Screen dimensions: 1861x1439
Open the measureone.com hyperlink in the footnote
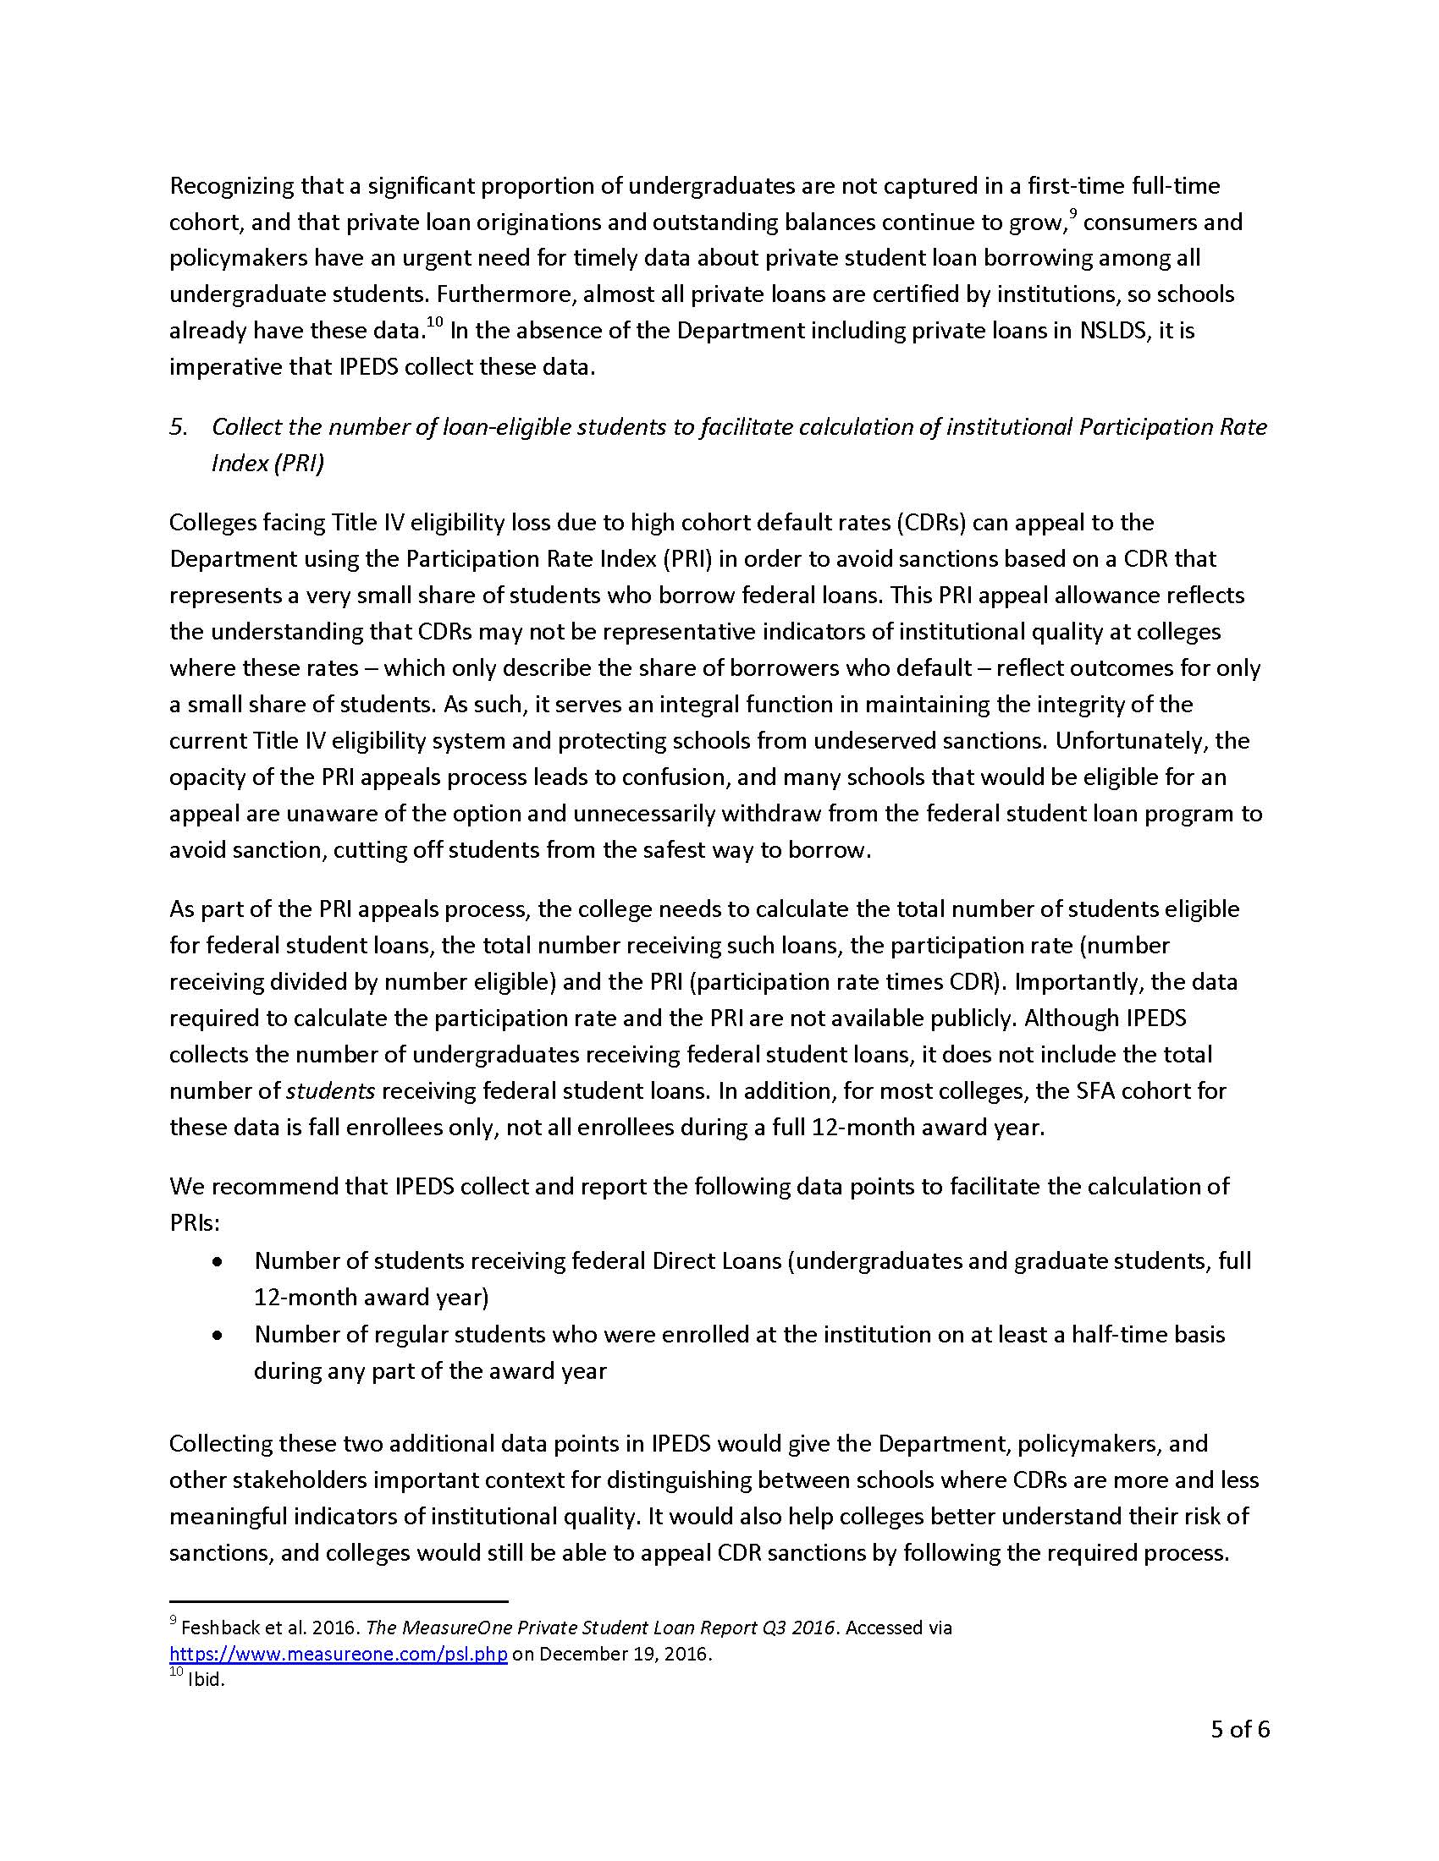point(339,1654)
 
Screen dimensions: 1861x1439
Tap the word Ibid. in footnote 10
point(207,1680)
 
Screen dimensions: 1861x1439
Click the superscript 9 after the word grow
point(1073,215)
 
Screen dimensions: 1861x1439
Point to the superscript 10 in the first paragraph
point(435,322)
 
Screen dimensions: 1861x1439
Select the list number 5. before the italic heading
point(178,427)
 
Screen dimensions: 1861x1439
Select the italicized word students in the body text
point(330,1091)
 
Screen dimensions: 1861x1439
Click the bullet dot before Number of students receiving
point(219,1262)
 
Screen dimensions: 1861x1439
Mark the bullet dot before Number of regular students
point(219,1335)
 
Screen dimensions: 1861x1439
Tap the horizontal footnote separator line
point(339,1601)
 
